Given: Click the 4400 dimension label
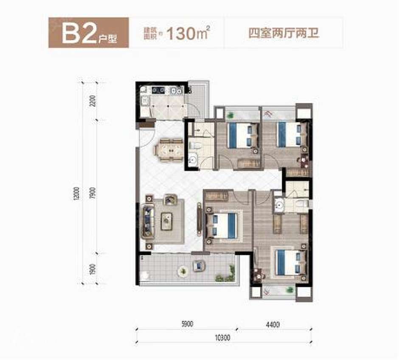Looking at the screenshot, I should pyautogui.click(x=274, y=325).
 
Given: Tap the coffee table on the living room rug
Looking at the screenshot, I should pyautogui.click(x=167, y=219).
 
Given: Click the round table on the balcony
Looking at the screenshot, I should pyautogui.click(x=183, y=269).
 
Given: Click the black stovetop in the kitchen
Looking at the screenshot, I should pyautogui.click(x=158, y=90).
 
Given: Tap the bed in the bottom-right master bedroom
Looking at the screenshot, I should pyautogui.click(x=289, y=262).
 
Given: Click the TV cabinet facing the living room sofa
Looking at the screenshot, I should pyautogui.click(x=199, y=219).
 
